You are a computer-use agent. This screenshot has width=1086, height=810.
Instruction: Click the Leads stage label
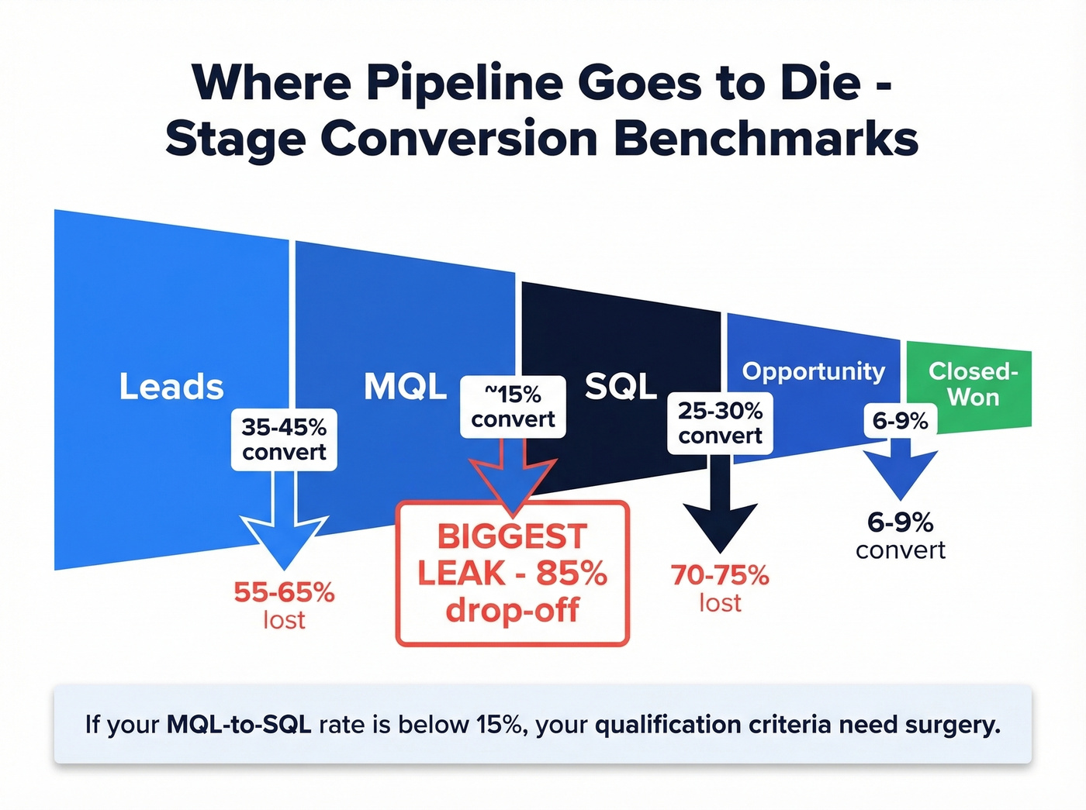171,387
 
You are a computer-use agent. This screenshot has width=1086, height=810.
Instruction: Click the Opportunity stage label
813,371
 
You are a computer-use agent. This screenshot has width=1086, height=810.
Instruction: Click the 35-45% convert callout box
284,439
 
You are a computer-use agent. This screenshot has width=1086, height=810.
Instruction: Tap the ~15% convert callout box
513,407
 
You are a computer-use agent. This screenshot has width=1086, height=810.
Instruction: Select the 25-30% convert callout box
720,423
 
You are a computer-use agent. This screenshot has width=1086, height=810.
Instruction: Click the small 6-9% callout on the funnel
900,421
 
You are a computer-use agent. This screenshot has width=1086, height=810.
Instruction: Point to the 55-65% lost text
284,605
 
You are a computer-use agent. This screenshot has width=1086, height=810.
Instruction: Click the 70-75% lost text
720,588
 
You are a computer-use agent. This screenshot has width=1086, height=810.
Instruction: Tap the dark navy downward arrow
720,512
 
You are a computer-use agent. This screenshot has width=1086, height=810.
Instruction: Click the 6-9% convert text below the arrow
900,536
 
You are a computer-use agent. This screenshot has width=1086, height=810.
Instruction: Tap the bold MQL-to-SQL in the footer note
239,725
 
